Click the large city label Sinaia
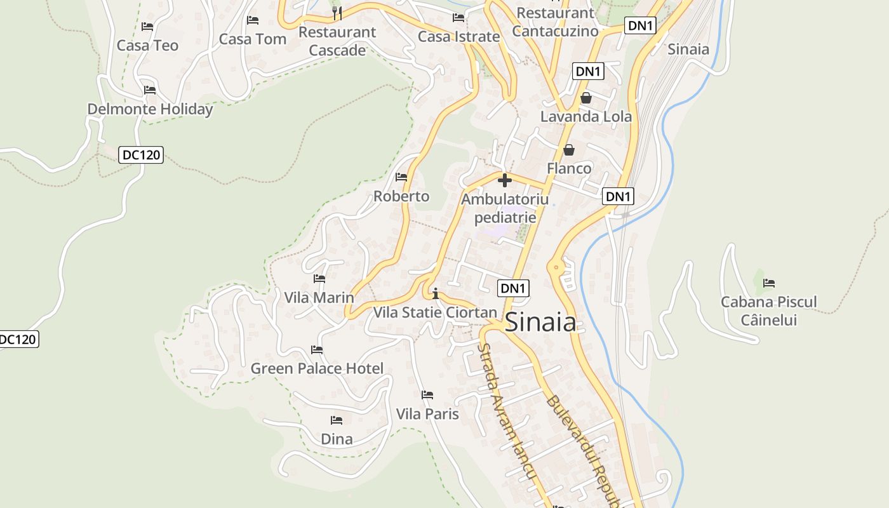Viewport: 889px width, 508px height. tap(540, 323)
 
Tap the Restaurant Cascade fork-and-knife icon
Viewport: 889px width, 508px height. tap(337, 12)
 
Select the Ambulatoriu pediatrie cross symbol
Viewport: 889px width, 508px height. tap(505, 180)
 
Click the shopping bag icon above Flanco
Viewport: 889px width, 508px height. tap(569, 150)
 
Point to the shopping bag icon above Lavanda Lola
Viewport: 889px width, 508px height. tap(585, 98)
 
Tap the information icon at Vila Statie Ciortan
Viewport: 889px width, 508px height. tap(436, 293)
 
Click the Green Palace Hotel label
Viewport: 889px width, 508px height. tap(317, 368)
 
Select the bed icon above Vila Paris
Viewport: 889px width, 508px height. tap(427, 395)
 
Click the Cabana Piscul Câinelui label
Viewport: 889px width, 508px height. tap(768, 311)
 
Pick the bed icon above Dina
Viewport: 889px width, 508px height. tap(337, 420)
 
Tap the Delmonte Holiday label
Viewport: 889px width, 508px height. tap(150, 109)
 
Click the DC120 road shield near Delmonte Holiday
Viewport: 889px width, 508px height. tap(141, 154)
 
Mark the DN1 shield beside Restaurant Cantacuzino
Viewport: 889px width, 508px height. tap(640, 25)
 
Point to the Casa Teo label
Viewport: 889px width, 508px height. tap(147, 46)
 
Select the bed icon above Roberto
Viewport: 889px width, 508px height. tap(401, 177)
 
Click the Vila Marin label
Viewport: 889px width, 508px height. tap(319, 297)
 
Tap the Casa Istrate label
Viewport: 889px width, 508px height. tap(458, 37)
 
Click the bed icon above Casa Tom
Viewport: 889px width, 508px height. tap(253, 20)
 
